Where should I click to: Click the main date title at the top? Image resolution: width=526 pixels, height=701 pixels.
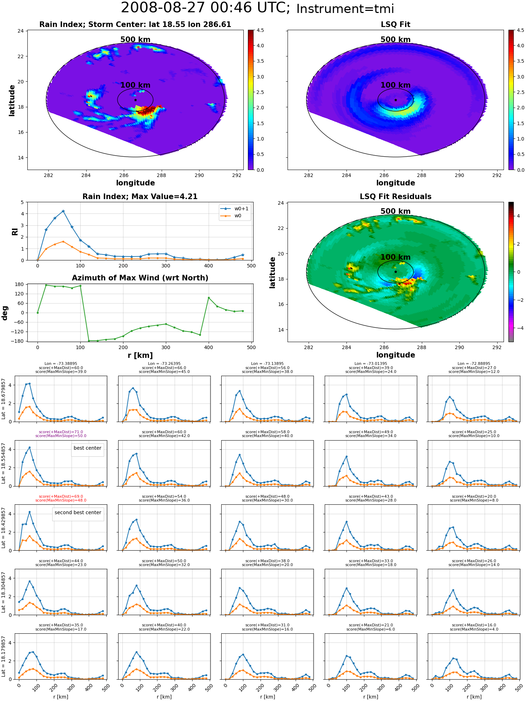click(205, 8)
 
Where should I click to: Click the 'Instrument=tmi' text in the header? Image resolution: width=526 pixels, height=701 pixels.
click(345, 9)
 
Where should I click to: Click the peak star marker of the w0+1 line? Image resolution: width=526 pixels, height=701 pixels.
click(63, 211)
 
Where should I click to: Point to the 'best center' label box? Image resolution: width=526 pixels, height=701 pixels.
click(87, 448)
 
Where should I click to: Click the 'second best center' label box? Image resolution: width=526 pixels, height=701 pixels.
click(78, 513)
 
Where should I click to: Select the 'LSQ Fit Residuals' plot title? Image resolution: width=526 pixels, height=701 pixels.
click(396, 197)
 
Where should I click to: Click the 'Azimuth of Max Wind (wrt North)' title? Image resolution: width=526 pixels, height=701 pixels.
click(140, 278)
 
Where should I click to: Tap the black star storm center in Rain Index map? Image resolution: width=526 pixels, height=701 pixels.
click(135, 100)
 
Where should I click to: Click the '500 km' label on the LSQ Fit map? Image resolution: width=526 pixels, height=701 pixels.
click(396, 40)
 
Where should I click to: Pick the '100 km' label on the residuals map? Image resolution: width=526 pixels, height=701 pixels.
click(396, 257)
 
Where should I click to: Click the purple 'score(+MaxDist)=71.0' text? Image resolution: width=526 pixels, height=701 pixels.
click(61, 432)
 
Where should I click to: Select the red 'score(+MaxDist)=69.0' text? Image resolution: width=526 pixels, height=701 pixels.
click(61, 497)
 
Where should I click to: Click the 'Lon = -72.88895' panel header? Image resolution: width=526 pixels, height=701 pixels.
click(474, 364)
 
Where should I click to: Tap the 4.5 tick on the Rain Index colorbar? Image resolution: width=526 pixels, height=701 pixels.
click(260, 30)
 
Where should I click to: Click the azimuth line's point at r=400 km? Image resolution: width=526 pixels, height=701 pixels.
click(209, 298)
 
